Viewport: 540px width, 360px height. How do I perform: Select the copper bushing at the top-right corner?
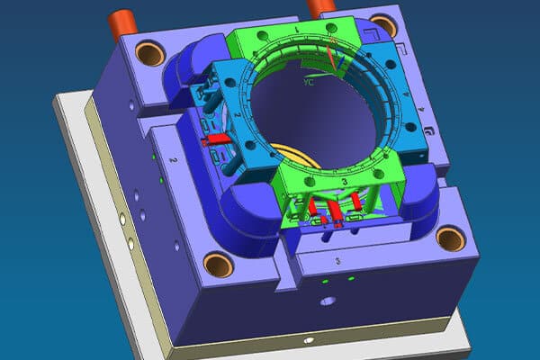(x=382, y=25)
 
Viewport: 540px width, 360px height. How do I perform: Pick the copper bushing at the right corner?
(x=450, y=238)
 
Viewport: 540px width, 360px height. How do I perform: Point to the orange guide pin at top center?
(x=317, y=6)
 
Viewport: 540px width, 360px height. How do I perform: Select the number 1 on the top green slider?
(x=296, y=30)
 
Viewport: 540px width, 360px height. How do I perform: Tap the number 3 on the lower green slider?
(x=345, y=183)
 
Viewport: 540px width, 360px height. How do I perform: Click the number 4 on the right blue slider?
(x=407, y=94)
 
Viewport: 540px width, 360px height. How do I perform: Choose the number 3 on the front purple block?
(x=337, y=260)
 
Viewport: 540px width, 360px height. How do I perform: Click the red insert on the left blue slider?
(x=217, y=139)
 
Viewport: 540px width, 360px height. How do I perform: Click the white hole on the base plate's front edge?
(x=309, y=341)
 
